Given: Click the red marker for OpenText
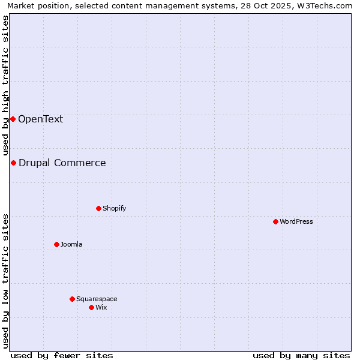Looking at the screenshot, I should click(x=13, y=119).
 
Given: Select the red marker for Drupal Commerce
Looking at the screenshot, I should click(x=13, y=163).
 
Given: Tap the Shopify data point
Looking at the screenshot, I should click(x=98, y=208).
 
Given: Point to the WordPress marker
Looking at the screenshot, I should click(x=275, y=221).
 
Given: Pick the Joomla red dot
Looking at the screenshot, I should click(x=56, y=244).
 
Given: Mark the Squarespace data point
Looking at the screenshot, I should click(x=72, y=299).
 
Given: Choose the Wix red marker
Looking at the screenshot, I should click(x=91, y=307).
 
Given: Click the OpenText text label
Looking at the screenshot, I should click(x=40, y=119).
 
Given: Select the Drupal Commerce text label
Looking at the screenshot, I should click(x=62, y=163).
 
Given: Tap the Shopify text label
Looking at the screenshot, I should click(x=114, y=208).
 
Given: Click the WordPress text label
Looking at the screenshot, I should click(x=296, y=221).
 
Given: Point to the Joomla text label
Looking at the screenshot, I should click(x=71, y=244).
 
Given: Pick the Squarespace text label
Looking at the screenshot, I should click(x=97, y=299).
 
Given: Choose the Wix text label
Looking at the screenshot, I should click(x=101, y=307).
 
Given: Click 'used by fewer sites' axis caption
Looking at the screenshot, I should click(x=62, y=355).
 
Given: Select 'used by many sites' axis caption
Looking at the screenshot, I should click(x=301, y=355).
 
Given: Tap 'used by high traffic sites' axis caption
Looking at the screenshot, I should click(x=6, y=85).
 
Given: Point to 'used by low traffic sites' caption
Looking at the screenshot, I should click(x=6, y=281).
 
